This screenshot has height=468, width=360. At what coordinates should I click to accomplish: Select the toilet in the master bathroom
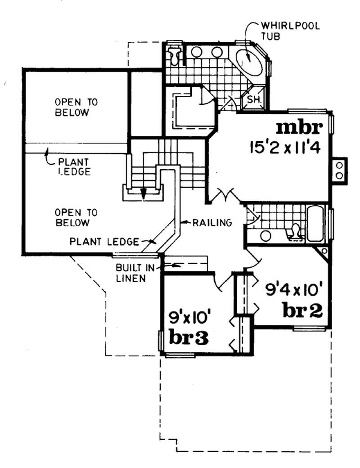(x=175, y=55)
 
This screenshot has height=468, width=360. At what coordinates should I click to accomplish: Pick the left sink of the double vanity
(x=197, y=52)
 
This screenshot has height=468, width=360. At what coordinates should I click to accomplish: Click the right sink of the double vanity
(x=217, y=52)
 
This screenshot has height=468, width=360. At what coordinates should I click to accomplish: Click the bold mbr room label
(x=299, y=128)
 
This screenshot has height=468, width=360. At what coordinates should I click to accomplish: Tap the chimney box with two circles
(x=339, y=170)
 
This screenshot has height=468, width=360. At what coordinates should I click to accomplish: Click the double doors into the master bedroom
(x=224, y=196)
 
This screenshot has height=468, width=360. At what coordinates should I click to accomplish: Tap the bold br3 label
(x=188, y=337)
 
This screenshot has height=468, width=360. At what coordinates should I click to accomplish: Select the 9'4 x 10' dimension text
(x=289, y=288)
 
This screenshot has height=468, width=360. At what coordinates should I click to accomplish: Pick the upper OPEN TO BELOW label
(x=72, y=107)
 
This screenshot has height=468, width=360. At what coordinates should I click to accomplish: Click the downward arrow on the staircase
(x=143, y=193)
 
